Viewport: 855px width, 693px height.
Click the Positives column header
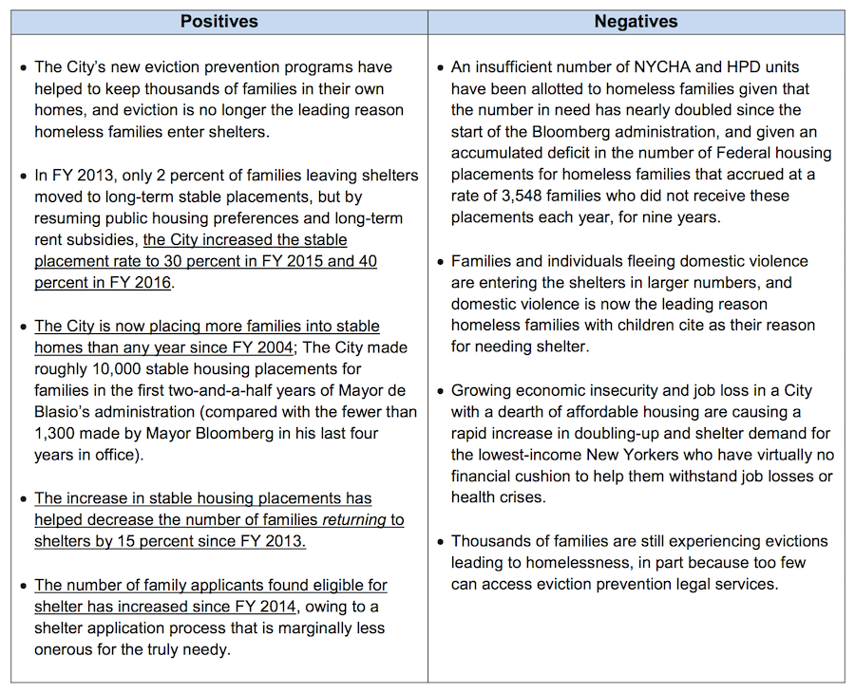219,21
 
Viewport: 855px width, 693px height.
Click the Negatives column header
636,21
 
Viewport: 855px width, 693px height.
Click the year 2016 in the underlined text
152,283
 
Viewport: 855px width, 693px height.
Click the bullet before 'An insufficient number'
440,68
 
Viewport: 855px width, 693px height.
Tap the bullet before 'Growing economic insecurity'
440,391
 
